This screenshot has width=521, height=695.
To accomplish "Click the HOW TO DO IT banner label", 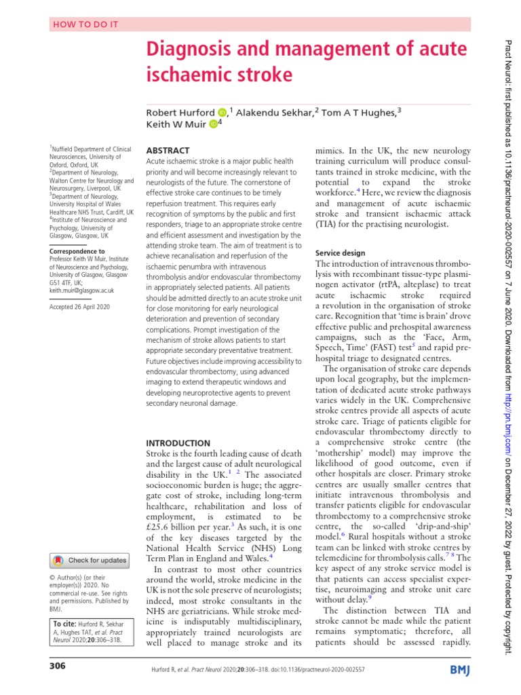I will [x=81, y=24].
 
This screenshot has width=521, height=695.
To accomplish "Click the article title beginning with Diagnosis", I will [x=307, y=61].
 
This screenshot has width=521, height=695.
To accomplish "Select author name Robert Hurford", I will [x=181, y=111].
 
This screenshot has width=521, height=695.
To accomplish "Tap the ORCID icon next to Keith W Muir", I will [x=214, y=124].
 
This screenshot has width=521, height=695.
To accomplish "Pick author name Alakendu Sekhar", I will [x=275, y=111].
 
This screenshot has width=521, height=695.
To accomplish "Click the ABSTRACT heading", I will [x=168, y=149].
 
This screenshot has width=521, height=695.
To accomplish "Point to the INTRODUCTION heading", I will [x=178, y=442].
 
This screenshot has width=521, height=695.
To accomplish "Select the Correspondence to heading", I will [x=77, y=251].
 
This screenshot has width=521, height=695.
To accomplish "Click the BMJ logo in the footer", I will [x=461, y=671].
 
